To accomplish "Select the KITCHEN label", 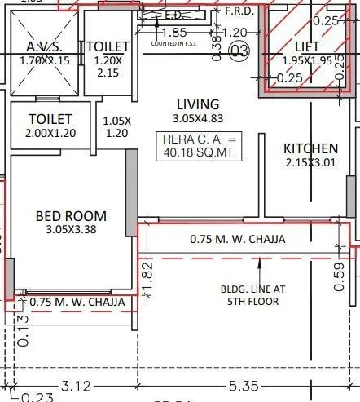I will pyautogui.click(x=310, y=148).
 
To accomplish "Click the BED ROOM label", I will pyautogui.click(x=71, y=216).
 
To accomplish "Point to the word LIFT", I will pyautogui.click(x=308, y=47).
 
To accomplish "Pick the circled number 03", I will pyautogui.click(x=239, y=53).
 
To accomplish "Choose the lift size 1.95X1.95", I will pyautogui.click(x=308, y=61).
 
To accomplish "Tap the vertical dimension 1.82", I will pyautogui.click(x=147, y=273).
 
